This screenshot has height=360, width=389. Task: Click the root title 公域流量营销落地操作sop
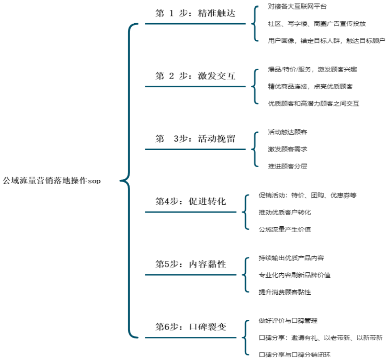[x=51, y=180]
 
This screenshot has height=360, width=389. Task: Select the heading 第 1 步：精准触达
[x=195, y=13]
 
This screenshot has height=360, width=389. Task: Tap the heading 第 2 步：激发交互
[x=195, y=76]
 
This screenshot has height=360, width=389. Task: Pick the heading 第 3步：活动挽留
[x=195, y=139]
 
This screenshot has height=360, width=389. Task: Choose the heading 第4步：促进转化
[x=190, y=201]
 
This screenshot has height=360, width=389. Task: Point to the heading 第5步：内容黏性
[x=190, y=264]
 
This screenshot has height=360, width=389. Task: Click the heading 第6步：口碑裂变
[x=190, y=327]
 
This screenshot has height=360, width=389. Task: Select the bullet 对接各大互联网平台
[x=297, y=6]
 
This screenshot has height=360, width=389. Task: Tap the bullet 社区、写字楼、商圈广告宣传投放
[x=317, y=24]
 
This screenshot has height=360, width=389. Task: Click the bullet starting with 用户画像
[x=326, y=40]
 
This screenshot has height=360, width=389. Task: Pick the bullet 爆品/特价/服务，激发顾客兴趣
[x=313, y=69]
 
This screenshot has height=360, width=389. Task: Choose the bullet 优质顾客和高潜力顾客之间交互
[x=313, y=103]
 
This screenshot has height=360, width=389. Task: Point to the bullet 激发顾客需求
[x=288, y=149]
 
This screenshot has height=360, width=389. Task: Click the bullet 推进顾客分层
[x=288, y=166]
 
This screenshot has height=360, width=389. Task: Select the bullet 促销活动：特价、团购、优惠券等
[x=308, y=195]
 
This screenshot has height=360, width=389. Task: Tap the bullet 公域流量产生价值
[x=285, y=229]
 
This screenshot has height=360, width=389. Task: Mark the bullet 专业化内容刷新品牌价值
[x=295, y=275]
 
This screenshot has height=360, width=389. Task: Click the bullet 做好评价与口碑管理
[x=288, y=321]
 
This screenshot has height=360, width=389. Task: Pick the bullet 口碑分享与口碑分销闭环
[x=295, y=355]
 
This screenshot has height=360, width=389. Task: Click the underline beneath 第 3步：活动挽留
[x=195, y=149]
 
